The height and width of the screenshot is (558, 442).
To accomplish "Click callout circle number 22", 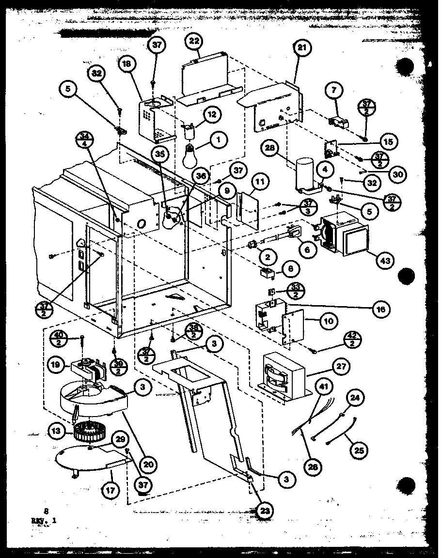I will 194,42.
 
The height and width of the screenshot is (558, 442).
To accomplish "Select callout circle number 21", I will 303,48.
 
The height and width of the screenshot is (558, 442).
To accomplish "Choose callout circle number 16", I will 381,309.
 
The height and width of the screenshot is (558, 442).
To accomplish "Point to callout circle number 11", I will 261,183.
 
